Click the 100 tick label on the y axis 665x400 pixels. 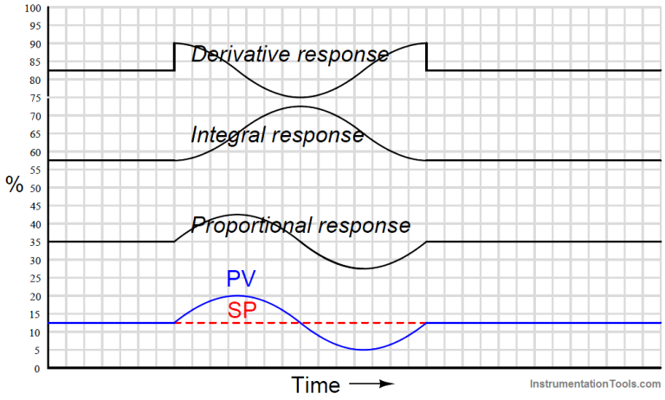tap(32, 8)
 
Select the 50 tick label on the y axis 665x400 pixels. tap(34, 188)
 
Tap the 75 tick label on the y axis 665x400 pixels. tap(34, 98)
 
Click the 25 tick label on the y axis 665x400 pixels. tap(34, 278)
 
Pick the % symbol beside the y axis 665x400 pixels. tap(14, 185)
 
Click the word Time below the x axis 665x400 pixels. tap(315, 384)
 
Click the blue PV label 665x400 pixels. tap(242, 279)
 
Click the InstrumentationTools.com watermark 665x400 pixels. tap(593, 383)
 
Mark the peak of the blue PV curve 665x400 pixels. tap(237, 296)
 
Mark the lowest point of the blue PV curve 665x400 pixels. tap(363, 350)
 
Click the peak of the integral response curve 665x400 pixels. tap(300, 106)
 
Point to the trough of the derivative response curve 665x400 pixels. tap(300, 97)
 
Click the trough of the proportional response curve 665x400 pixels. tap(363, 268)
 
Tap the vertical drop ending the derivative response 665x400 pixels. tap(426, 57)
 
